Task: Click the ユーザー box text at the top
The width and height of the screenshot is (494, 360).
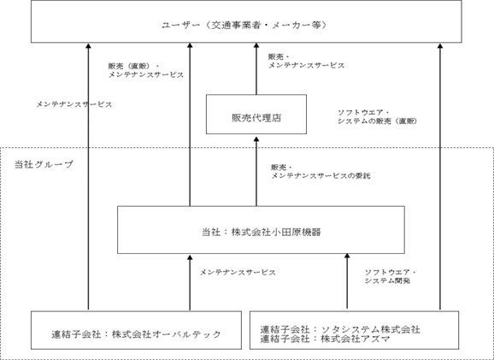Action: pyautogui.click(x=244, y=25)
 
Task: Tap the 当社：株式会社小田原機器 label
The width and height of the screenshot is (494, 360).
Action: pyautogui.click(x=262, y=233)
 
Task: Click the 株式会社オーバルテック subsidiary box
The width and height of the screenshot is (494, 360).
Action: pyautogui.click(x=136, y=330)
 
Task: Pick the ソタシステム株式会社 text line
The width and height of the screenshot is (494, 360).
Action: pyautogui.click(x=340, y=330)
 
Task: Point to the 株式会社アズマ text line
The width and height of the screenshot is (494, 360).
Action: pyautogui.click(x=325, y=339)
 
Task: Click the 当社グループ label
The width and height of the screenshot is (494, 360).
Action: pyautogui.click(x=44, y=164)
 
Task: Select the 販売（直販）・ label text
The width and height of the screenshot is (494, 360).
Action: pyautogui.click(x=134, y=67)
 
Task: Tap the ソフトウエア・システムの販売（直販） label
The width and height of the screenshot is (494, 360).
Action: pyautogui.click(x=378, y=117)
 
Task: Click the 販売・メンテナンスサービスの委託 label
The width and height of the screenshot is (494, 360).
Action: pyautogui.click(x=321, y=172)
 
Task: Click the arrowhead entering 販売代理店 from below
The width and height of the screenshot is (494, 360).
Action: pyautogui.click(x=256, y=139)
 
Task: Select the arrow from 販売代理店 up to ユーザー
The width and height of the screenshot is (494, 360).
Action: pyautogui.click(x=256, y=68)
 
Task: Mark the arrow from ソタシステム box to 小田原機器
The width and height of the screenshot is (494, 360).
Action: pyautogui.click(x=347, y=280)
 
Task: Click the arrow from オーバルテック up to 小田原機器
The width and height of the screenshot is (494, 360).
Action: pyautogui.click(x=190, y=283)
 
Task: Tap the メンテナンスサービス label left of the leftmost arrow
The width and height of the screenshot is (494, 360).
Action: pyautogui.click(x=74, y=104)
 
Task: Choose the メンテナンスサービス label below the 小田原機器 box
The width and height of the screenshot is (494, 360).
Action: pyautogui.click(x=238, y=273)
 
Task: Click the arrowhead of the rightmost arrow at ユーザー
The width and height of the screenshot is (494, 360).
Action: pyautogui.click(x=440, y=45)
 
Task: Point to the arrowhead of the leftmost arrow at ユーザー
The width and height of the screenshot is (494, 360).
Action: pyautogui.click(x=88, y=45)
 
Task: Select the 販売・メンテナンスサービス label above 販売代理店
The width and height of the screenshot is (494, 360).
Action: pyautogui.click(x=306, y=62)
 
